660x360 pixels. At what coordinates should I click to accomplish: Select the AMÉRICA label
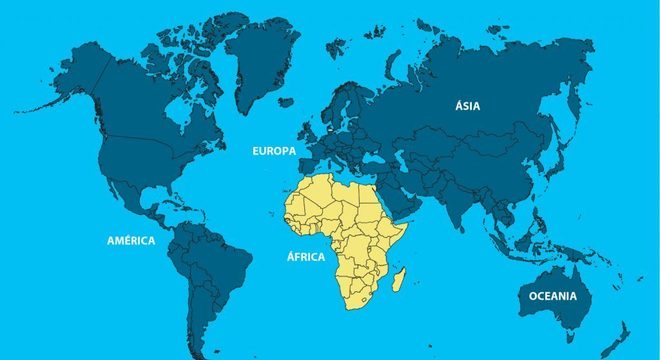click(x=131, y=241)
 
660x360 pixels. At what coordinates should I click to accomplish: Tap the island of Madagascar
click(x=399, y=278)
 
